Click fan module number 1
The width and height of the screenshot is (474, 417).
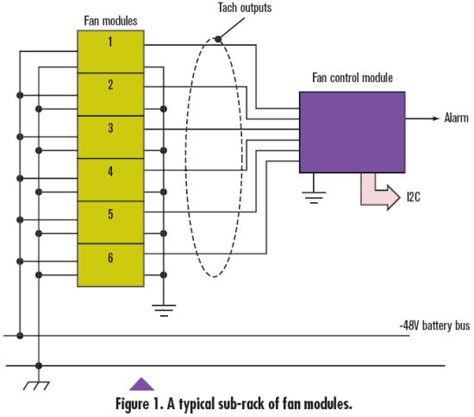tap(110, 52)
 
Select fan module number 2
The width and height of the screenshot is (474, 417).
tap(110, 94)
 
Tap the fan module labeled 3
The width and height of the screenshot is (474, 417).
tap(110, 137)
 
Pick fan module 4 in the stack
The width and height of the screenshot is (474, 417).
tap(110, 180)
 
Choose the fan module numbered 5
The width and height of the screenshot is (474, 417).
tap(110, 222)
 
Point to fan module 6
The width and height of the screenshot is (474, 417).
tap(110, 265)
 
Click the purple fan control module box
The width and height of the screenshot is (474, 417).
tap(352, 132)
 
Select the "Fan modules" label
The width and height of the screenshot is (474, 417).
tap(110, 21)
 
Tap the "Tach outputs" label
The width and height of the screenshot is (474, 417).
tap(245, 8)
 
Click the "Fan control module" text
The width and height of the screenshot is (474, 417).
tap(352, 78)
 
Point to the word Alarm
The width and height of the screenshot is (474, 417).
tap(457, 117)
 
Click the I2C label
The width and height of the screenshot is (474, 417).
tap(414, 197)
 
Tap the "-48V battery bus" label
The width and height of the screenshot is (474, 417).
tap(434, 325)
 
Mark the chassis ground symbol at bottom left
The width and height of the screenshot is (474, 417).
tap(36, 385)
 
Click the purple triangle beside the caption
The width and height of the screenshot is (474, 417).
tap(141, 384)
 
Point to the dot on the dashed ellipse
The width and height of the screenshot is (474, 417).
tap(218, 39)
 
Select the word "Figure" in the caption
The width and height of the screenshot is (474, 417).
tap(132, 404)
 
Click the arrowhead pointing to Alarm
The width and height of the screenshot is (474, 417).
tap(435, 118)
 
